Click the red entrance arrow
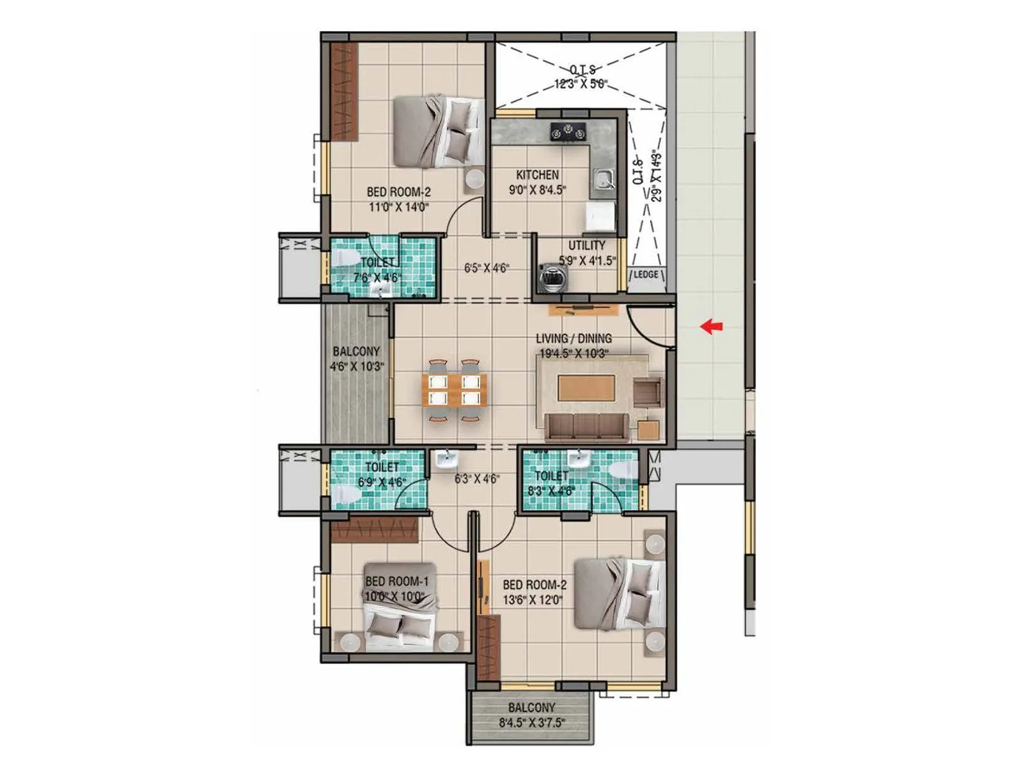(x=711, y=327)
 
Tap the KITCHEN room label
(x=537, y=174)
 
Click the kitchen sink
(x=602, y=179)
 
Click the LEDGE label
(x=645, y=274)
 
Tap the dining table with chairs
(x=453, y=390)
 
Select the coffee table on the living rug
(x=586, y=388)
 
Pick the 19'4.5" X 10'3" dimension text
(x=573, y=353)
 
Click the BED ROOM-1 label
(x=396, y=582)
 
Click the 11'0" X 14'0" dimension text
(x=398, y=206)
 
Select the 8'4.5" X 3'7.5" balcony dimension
(x=532, y=724)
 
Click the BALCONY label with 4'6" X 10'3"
(x=356, y=352)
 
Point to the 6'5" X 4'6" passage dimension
(x=486, y=268)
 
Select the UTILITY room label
(x=586, y=245)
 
